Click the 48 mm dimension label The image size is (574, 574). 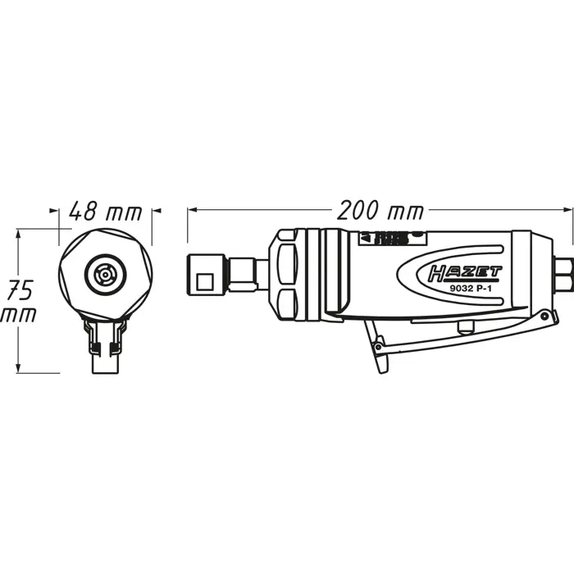click(x=104, y=212)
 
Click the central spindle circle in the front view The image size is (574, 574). click(x=105, y=273)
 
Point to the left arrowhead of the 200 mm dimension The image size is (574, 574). click(x=192, y=211)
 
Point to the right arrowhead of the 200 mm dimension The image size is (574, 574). click(x=569, y=211)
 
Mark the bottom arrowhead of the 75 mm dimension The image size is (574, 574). click(x=18, y=368)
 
